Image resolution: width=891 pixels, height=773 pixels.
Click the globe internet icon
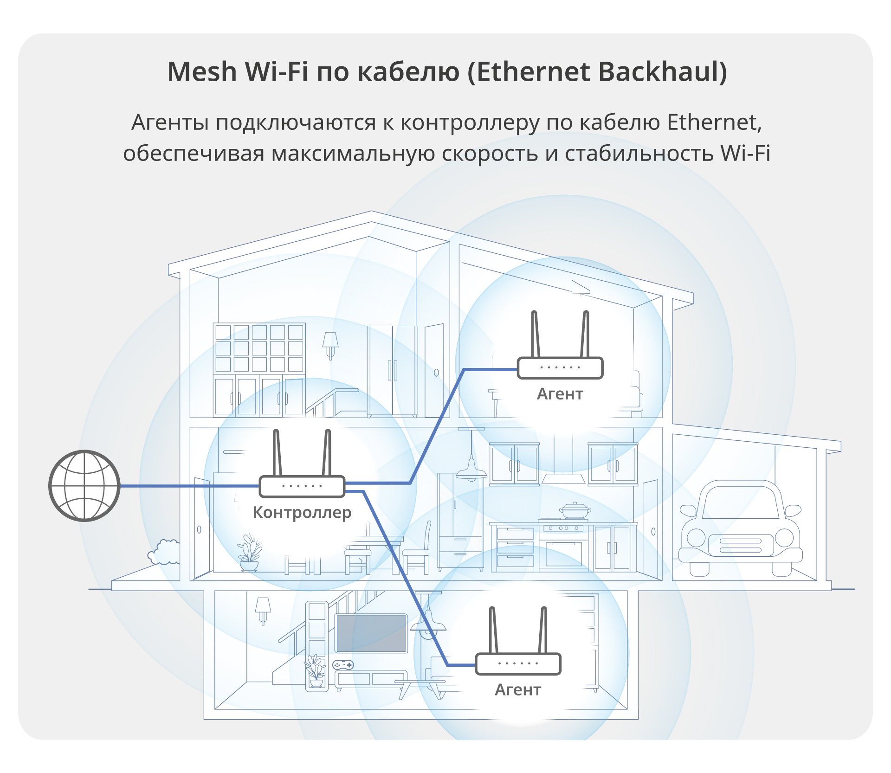tap(84, 486)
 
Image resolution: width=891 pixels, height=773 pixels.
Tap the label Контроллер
tap(302, 513)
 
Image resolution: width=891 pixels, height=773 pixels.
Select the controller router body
tap(302, 486)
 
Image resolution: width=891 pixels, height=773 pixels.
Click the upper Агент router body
tap(560, 367)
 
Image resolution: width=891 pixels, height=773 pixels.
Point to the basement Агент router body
tap(518, 663)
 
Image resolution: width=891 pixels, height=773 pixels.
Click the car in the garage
tap(740, 529)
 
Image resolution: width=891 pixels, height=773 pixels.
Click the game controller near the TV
tap(343, 665)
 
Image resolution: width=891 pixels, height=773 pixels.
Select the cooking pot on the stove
tap(575, 510)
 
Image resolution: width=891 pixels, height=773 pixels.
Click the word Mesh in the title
tap(202, 72)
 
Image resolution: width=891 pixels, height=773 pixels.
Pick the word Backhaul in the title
tap(663, 72)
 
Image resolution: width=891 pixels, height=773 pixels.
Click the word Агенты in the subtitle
tap(170, 123)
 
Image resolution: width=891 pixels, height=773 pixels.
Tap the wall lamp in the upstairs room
tap(330, 345)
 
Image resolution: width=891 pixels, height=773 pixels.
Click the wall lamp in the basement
tap(263, 609)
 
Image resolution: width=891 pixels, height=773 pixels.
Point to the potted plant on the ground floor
tap(249, 554)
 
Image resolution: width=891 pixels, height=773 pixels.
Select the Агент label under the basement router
tap(518, 690)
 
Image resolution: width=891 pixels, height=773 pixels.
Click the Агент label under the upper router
tap(560, 394)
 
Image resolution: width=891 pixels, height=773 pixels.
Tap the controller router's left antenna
tap(277, 452)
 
